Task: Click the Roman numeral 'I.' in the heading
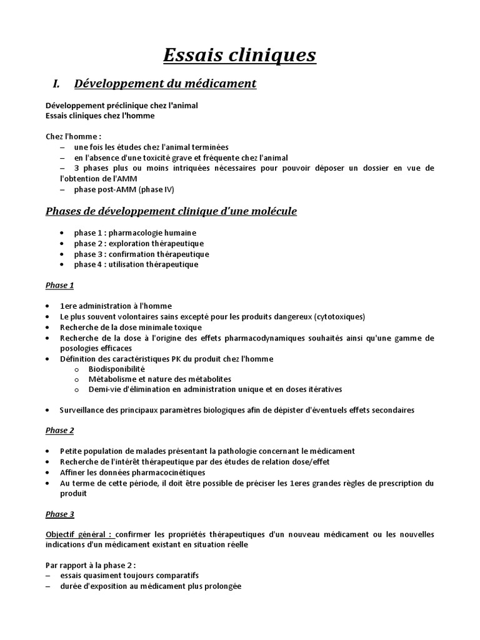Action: click(55, 83)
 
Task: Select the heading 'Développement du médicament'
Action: click(165, 83)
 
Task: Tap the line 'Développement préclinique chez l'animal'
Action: click(122, 106)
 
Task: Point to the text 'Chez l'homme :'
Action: click(74, 136)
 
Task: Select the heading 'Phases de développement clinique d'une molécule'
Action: click(171, 211)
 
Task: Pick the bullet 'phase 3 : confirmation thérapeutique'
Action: click(141, 254)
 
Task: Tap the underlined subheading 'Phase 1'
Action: click(60, 285)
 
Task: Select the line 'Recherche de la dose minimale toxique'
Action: click(131, 327)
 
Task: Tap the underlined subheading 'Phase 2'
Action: click(60, 431)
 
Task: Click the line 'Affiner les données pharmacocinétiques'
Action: click(132, 472)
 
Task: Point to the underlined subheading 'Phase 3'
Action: click(60, 514)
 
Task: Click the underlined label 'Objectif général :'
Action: click(79, 534)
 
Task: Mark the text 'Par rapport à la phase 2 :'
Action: click(91, 566)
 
